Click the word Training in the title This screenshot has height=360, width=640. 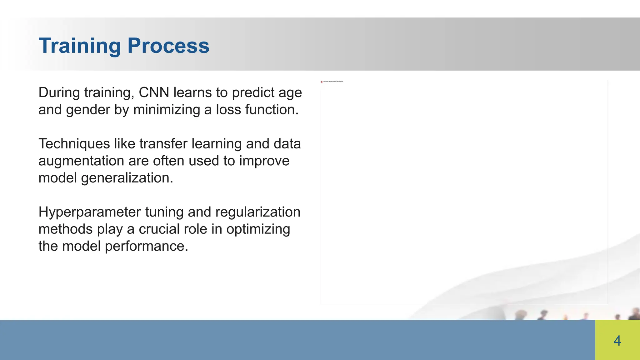tap(79, 46)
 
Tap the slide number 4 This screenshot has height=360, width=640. tap(617, 341)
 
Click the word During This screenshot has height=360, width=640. tap(59, 92)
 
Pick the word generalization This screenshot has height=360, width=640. tap(127, 178)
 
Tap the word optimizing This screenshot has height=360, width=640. tap(258, 229)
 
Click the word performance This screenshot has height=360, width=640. tap(146, 246)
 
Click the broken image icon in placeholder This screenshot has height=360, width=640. tap(322, 82)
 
